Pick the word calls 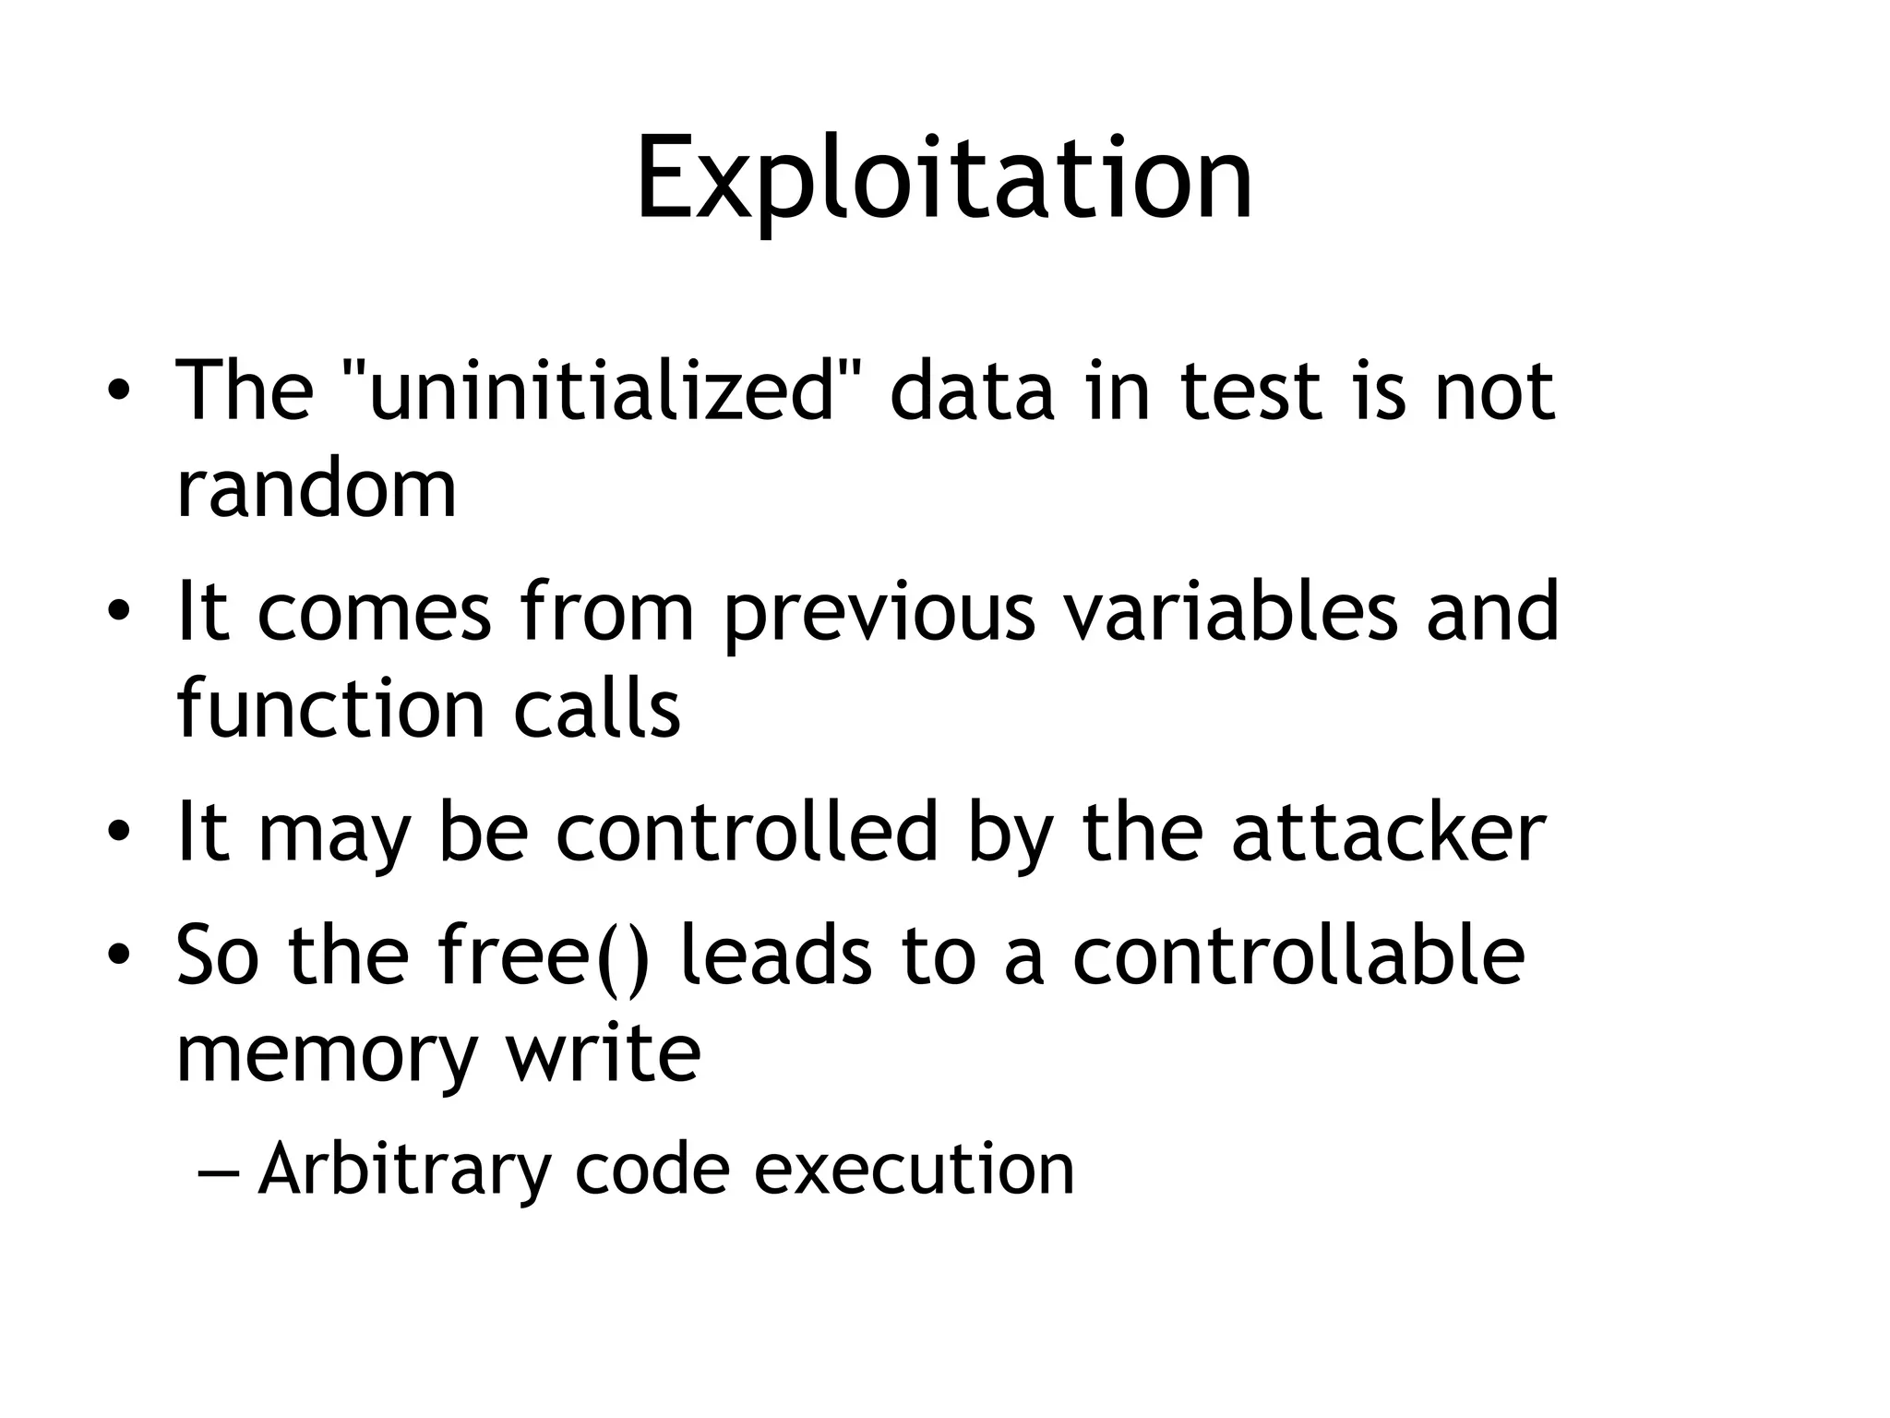(x=597, y=709)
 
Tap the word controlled (x=748, y=833)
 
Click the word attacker (x=1388, y=833)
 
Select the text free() (x=544, y=956)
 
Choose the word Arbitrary (x=404, y=1170)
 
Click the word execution (x=915, y=1170)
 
